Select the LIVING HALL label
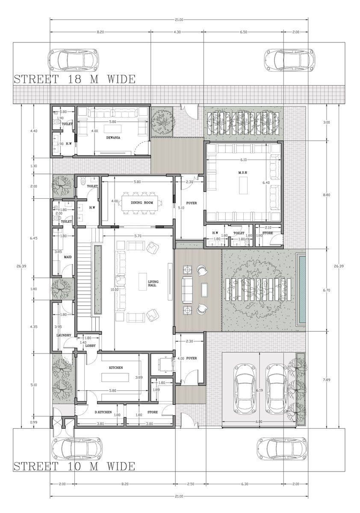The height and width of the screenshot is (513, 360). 153,283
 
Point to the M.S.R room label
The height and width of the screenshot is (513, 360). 243,172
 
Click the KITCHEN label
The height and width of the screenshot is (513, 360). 116,368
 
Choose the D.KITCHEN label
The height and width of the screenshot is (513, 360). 104,412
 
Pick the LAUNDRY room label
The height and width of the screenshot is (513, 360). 63,335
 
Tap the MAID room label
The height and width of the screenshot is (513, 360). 68,257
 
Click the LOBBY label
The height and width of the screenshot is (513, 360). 91,345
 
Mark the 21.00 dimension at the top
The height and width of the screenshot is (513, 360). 179,20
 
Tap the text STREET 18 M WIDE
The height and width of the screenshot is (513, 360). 74,80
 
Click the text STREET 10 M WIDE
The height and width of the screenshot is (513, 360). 74,466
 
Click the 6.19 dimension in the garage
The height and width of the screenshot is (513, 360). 259,390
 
